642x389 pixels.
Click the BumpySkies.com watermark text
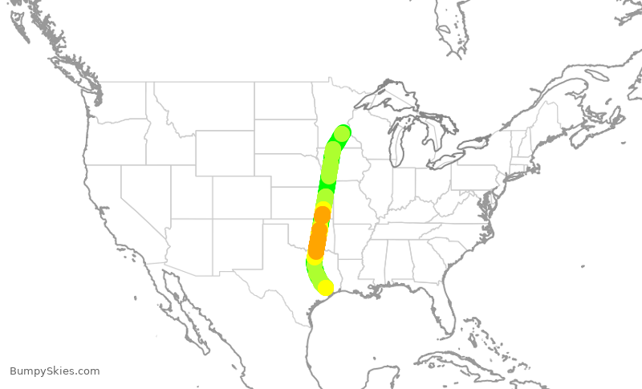coord(55,371)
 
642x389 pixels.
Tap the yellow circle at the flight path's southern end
coord(325,287)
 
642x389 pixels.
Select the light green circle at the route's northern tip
coord(343,133)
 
